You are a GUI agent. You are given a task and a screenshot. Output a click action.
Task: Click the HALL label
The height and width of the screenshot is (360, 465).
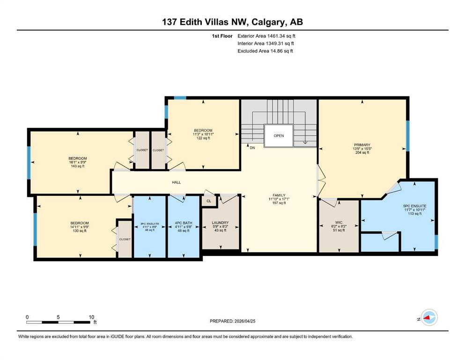point(176,182)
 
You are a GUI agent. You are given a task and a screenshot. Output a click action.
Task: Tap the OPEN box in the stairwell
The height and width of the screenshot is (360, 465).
point(279,136)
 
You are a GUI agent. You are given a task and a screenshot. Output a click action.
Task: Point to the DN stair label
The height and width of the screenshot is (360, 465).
point(252,148)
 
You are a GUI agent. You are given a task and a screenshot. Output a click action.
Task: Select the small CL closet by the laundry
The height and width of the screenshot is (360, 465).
point(208,200)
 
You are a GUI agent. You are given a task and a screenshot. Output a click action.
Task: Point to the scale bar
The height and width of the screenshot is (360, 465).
point(59,322)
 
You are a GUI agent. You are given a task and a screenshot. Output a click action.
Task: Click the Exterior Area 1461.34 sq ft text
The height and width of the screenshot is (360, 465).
point(266,36)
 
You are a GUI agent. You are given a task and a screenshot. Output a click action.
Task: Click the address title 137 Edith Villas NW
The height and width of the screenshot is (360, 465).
point(232,22)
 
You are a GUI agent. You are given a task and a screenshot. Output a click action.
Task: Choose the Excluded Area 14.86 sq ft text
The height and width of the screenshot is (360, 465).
point(265,51)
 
